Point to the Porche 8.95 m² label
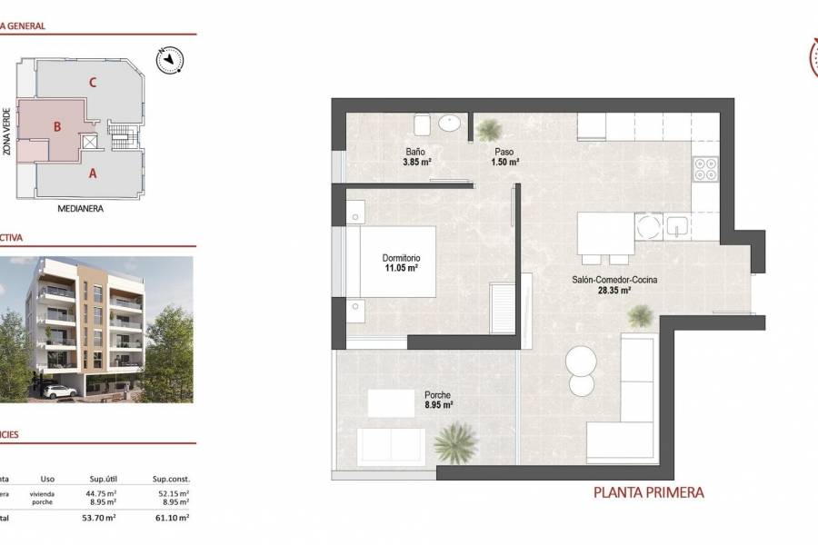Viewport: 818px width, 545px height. point(438,401)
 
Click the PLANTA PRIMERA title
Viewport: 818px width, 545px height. point(648,492)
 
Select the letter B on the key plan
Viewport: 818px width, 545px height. point(56,127)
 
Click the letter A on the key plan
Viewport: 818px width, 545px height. point(92,173)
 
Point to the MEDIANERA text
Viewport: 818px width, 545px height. point(80,208)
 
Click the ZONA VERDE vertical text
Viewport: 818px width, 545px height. point(7,131)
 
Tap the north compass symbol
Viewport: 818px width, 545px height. point(170,60)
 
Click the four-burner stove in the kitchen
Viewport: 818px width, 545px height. point(706,169)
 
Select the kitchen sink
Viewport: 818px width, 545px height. point(676,226)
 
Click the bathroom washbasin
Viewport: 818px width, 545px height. point(449,123)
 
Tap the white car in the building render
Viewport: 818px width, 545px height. point(59,391)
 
